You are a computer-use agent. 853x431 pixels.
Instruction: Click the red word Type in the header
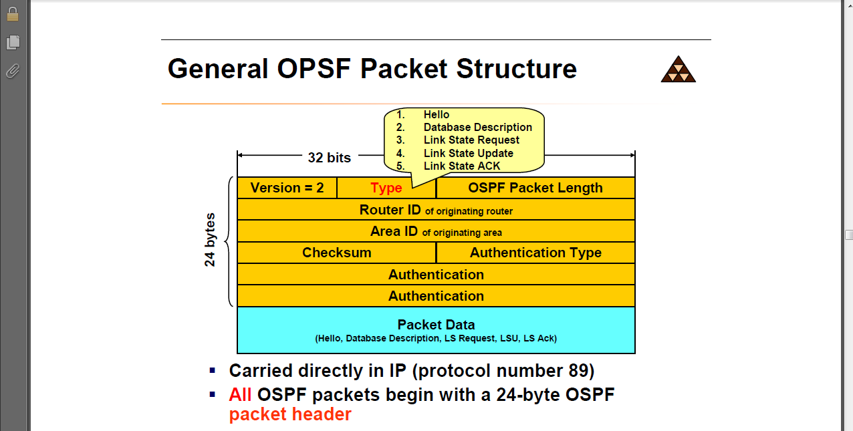386,188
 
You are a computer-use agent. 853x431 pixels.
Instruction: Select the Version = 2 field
287,188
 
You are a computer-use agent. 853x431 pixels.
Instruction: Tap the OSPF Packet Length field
535,188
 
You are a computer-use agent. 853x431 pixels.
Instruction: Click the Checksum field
336,253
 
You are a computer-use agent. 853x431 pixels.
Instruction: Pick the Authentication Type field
535,253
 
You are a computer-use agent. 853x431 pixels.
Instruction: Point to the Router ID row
436,210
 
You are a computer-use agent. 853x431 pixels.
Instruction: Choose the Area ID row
436,232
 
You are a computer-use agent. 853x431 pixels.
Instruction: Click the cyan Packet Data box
436,330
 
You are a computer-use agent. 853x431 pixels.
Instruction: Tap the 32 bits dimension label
329,158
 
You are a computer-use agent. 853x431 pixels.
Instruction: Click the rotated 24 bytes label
211,240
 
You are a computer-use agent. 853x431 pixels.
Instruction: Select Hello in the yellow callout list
437,115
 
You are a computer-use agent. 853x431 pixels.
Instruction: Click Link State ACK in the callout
462,166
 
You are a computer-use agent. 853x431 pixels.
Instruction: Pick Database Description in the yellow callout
478,128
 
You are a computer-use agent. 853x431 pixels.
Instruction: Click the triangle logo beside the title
678,69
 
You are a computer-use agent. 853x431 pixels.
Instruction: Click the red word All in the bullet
240,395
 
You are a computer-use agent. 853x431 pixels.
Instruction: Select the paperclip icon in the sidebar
13,70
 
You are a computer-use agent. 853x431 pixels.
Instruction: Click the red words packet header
290,414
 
